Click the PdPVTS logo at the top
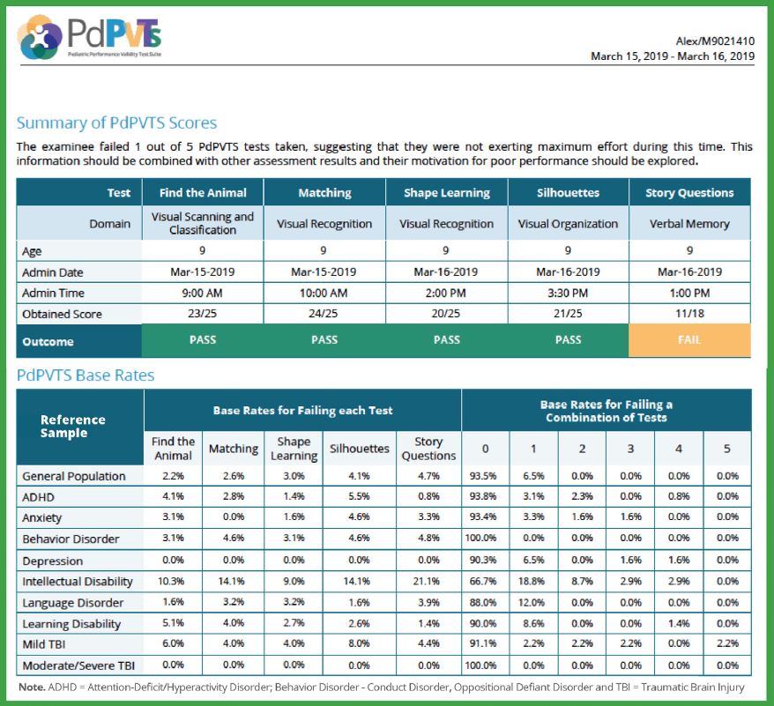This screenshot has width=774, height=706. [90, 37]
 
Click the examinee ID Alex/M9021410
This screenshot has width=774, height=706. [715, 41]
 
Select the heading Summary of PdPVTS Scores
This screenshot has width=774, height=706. [116, 123]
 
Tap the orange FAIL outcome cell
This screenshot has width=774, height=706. [689, 340]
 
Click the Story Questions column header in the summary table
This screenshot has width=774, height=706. [689, 192]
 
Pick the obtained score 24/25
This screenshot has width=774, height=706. [324, 314]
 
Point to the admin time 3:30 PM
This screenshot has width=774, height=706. [568, 293]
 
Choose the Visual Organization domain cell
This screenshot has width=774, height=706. [568, 224]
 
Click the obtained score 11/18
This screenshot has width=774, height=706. [689, 314]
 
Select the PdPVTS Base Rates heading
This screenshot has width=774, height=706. [86, 375]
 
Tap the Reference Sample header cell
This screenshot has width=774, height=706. [73, 426]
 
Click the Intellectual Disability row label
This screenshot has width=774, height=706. [78, 582]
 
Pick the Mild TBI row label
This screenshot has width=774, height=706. [43, 644]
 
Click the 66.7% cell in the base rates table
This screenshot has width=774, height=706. [483, 581]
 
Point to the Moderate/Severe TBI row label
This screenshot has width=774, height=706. [78, 665]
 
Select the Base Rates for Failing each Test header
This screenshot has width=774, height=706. [302, 410]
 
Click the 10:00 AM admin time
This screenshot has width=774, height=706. [324, 293]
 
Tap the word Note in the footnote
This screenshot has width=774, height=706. [31, 687]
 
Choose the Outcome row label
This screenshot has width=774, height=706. [48, 342]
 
